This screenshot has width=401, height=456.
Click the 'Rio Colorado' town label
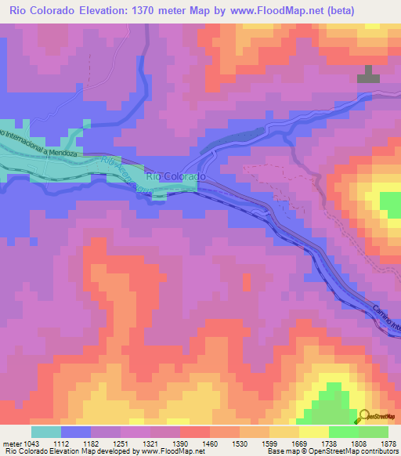[176, 177]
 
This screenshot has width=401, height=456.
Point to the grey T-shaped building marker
[368, 74]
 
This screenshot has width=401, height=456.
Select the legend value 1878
[386, 443]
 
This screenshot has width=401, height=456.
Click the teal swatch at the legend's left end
[45, 432]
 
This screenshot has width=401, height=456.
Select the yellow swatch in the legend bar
[313, 432]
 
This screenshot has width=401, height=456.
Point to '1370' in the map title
[157, 11]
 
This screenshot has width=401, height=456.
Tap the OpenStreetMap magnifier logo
[365, 416]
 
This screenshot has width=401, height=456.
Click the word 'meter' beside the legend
[13, 443]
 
